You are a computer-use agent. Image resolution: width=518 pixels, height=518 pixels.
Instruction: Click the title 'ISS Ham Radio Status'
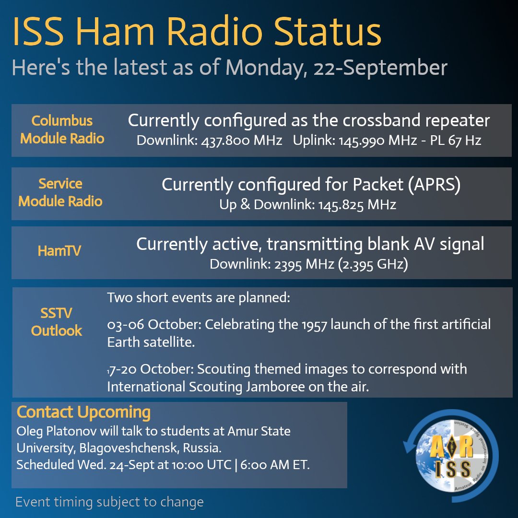(197, 33)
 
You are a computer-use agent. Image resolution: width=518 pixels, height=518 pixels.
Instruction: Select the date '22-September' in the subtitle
(380, 68)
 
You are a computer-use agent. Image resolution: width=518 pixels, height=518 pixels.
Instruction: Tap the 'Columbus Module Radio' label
(62, 129)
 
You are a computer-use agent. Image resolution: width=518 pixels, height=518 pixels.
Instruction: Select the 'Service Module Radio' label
(60, 192)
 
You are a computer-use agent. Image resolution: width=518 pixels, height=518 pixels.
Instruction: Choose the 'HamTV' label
(59, 251)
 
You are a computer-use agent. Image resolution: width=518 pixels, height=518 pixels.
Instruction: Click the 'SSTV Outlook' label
(57, 322)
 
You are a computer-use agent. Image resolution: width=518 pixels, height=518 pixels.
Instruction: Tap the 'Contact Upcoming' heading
(83, 412)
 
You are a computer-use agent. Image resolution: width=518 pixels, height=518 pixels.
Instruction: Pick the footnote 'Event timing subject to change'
(109, 502)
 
